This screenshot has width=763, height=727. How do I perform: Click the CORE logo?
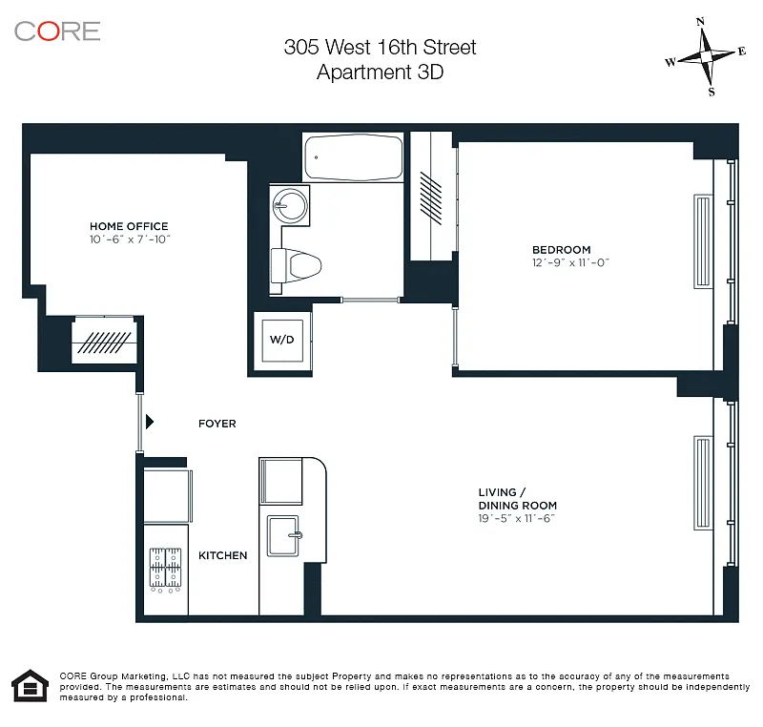(57, 31)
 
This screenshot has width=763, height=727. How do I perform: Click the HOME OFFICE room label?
(129, 226)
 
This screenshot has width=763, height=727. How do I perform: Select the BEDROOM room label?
(562, 250)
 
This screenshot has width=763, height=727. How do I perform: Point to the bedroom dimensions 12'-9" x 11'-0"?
(570, 262)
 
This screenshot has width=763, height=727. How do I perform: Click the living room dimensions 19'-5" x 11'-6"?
(516, 519)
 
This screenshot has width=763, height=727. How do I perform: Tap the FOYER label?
(217, 424)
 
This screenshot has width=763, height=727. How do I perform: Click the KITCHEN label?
(223, 555)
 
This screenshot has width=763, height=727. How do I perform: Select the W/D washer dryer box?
(282, 341)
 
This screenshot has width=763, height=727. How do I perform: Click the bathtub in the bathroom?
(354, 157)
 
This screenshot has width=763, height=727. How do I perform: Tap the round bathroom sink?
(290, 205)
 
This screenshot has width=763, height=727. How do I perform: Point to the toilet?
(296, 265)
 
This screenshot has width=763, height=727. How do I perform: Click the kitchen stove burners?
(165, 569)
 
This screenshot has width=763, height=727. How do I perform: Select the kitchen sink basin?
(282, 536)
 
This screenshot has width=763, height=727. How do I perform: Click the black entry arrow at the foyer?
(150, 422)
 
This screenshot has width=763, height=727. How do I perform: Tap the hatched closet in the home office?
(104, 341)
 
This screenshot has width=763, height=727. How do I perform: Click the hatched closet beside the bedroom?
(431, 197)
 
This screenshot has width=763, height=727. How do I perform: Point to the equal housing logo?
(31, 686)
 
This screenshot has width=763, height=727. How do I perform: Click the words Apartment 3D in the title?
(380, 73)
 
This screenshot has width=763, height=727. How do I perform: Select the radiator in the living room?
(703, 483)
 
